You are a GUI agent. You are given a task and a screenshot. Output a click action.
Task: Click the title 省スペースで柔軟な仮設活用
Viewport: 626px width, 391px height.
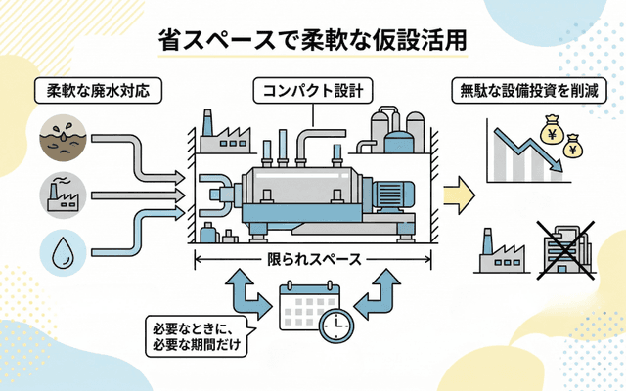(312, 40)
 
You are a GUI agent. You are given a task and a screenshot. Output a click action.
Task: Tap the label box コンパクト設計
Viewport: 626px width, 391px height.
(312, 92)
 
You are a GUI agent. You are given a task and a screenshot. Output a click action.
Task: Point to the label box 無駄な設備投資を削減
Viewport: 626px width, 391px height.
(529, 92)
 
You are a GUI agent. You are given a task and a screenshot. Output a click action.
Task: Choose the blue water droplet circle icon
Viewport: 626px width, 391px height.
(62, 251)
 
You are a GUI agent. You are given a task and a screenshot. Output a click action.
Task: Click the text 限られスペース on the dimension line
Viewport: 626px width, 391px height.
(313, 260)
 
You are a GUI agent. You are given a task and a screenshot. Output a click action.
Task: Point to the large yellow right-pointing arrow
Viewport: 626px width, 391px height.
(457, 193)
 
